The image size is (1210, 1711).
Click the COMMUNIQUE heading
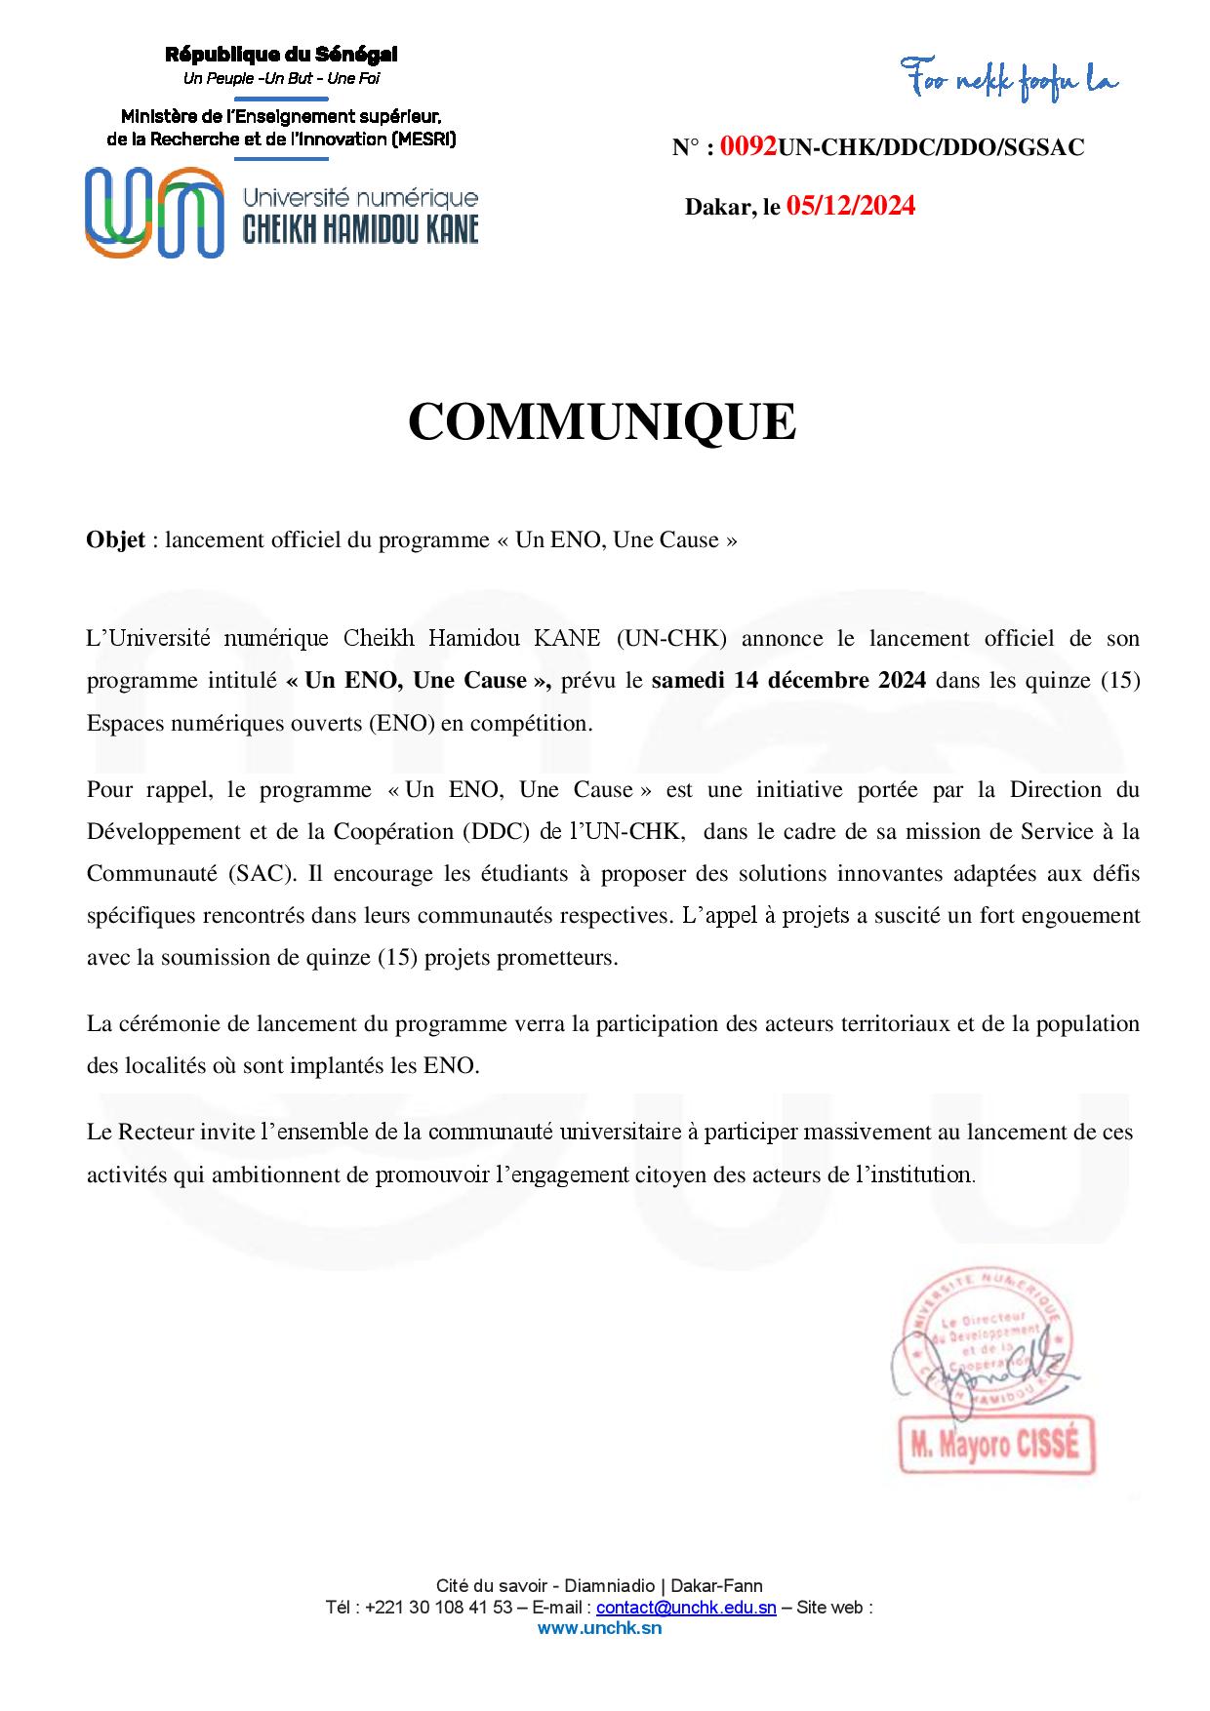(x=602, y=421)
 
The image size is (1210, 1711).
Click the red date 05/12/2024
(x=851, y=206)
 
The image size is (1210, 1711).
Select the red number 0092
(x=748, y=147)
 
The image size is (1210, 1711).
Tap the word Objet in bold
(x=116, y=539)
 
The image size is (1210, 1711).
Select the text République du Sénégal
(x=281, y=55)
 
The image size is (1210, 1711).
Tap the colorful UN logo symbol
(x=153, y=213)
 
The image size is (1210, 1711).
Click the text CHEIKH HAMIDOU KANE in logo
(x=360, y=229)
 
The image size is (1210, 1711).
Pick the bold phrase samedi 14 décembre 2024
(x=788, y=681)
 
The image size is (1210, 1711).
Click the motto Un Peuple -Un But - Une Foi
(x=281, y=78)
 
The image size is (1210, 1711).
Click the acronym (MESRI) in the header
(x=423, y=139)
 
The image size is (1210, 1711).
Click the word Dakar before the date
(x=716, y=207)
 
